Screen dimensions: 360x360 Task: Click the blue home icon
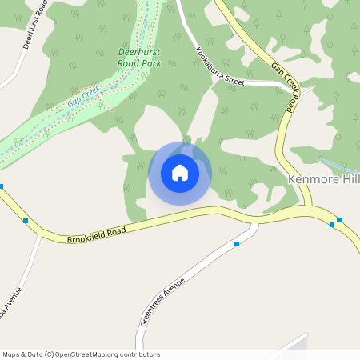[x=179, y=173]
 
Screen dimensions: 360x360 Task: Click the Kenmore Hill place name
[x=323, y=180]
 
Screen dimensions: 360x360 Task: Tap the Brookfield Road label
[x=97, y=234]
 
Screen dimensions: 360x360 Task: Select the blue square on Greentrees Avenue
[x=237, y=244]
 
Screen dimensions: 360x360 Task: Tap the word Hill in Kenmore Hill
[x=350, y=180]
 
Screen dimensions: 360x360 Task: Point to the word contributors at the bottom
[x=139, y=354]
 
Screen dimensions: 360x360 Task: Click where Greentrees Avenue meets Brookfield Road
[x=258, y=222]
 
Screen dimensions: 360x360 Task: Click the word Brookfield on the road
[x=85, y=236]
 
